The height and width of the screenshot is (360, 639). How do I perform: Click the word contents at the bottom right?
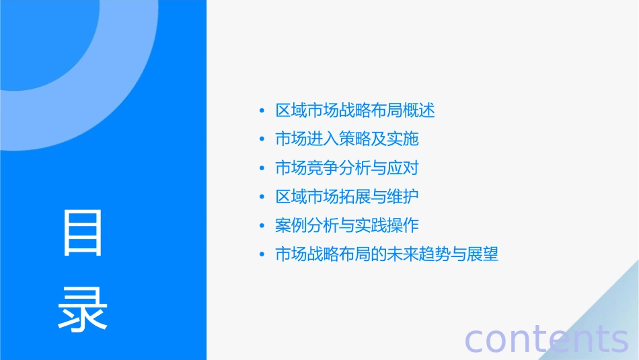[x=546, y=338]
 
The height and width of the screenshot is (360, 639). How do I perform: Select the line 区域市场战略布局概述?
[x=355, y=110]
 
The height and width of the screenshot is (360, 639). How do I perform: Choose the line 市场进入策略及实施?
[x=347, y=139]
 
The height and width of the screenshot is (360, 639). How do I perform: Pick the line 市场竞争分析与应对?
[x=347, y=168]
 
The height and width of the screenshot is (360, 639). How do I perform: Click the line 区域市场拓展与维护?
[x=347, y=197]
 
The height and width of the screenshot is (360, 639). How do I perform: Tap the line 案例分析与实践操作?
[x=347, y=226]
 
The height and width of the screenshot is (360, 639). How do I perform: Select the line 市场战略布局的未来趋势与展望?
[x=387, y=255]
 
